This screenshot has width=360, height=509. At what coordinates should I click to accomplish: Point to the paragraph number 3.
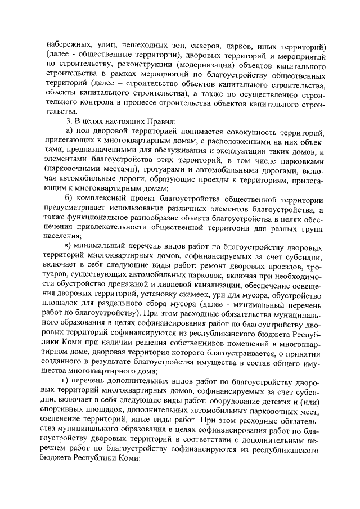coord(67,121)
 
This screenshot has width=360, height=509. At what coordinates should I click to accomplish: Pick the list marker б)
coord(69,200)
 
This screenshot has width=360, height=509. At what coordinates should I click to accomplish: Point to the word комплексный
coord(104,200)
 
